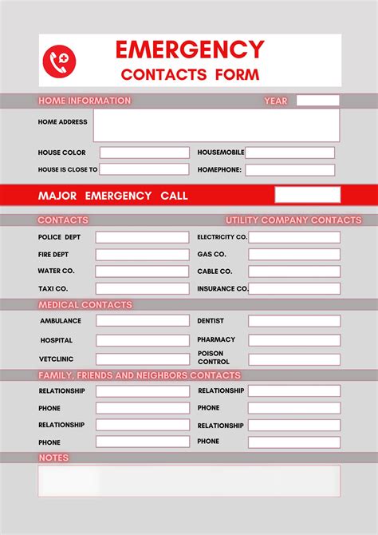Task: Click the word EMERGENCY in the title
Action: [x=190, y=50]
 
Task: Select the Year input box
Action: [x=317, y=101]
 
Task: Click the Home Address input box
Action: [x=216, y=125]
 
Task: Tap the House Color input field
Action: [x=144, y=153]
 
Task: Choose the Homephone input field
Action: [x=290, y=169]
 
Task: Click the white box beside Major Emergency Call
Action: [x=307, y=195]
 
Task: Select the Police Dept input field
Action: [x=143, y=237]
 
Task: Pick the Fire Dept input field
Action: [x=143, y=255]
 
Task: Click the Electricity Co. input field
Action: [x=293, y=237]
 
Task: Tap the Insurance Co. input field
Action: [x=293, y=288]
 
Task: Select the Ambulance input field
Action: [x=143, y=320]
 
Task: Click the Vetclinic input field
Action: [x=143, y=359]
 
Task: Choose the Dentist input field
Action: [x=293, y=320]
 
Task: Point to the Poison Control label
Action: [x=211, y=357]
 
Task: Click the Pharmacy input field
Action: [x=293, y=340]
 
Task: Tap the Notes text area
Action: [x=189, y=481]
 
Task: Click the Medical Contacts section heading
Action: [x=85, y=305]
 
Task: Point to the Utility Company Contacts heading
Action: [x=293, y=220]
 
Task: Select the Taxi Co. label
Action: [x=53, y=288]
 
